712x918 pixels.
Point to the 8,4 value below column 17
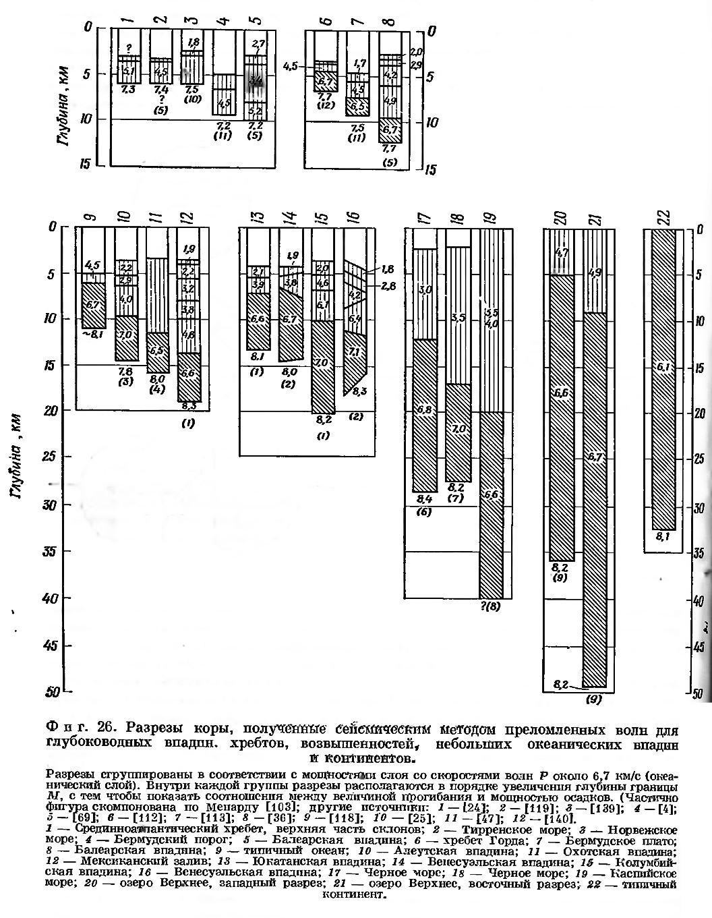tap(423, 500)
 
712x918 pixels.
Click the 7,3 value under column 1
tap(129, 89)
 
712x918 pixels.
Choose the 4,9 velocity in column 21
tap(596, 273)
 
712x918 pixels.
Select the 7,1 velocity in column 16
tap(354, 351)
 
